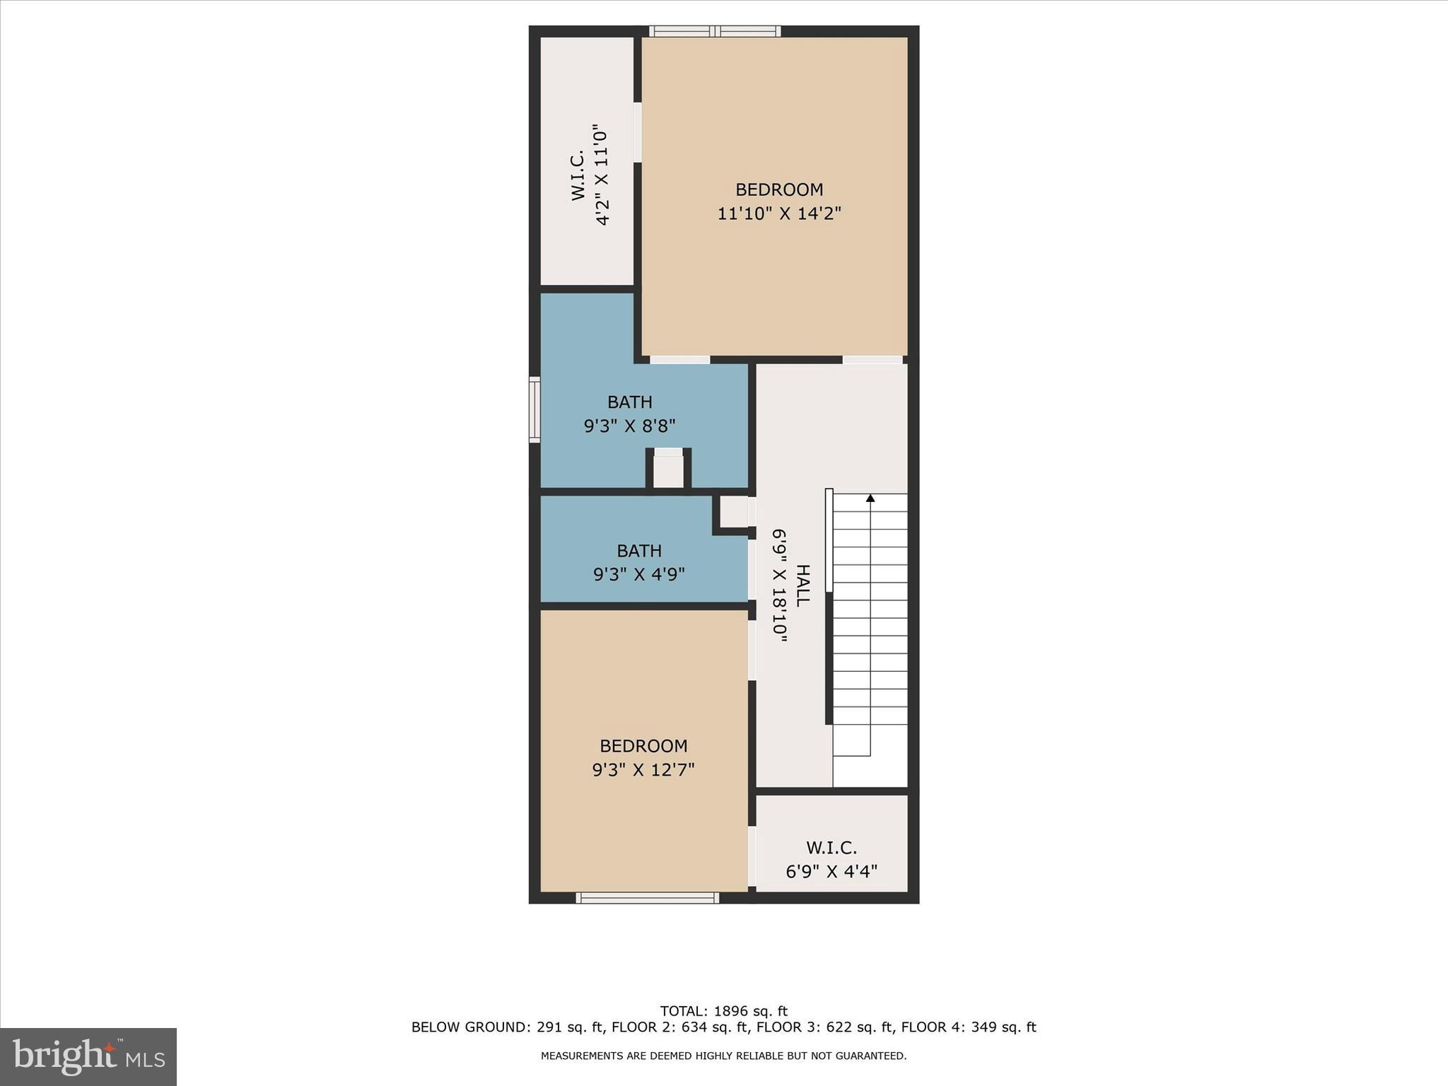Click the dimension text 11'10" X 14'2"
tap(779, 214)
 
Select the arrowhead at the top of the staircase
tap(870, 498)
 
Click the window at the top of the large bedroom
tap(715, 31)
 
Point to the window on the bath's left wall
tap(535, 410)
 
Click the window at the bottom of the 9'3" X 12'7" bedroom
tap(647, 898)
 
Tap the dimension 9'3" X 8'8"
tap(629, 426)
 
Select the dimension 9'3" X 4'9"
tap(639, 574)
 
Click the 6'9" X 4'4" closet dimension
tap(831, 871)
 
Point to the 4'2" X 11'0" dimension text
tap(602, 175)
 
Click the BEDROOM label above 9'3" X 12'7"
tap(643, 746)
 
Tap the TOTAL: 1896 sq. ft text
tap(723, 1011)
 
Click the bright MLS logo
tap(88, 1057)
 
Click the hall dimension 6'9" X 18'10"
tap(780, 585)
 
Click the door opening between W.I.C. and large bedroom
tap(637, 133)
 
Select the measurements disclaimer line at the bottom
tap(723, 1056)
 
